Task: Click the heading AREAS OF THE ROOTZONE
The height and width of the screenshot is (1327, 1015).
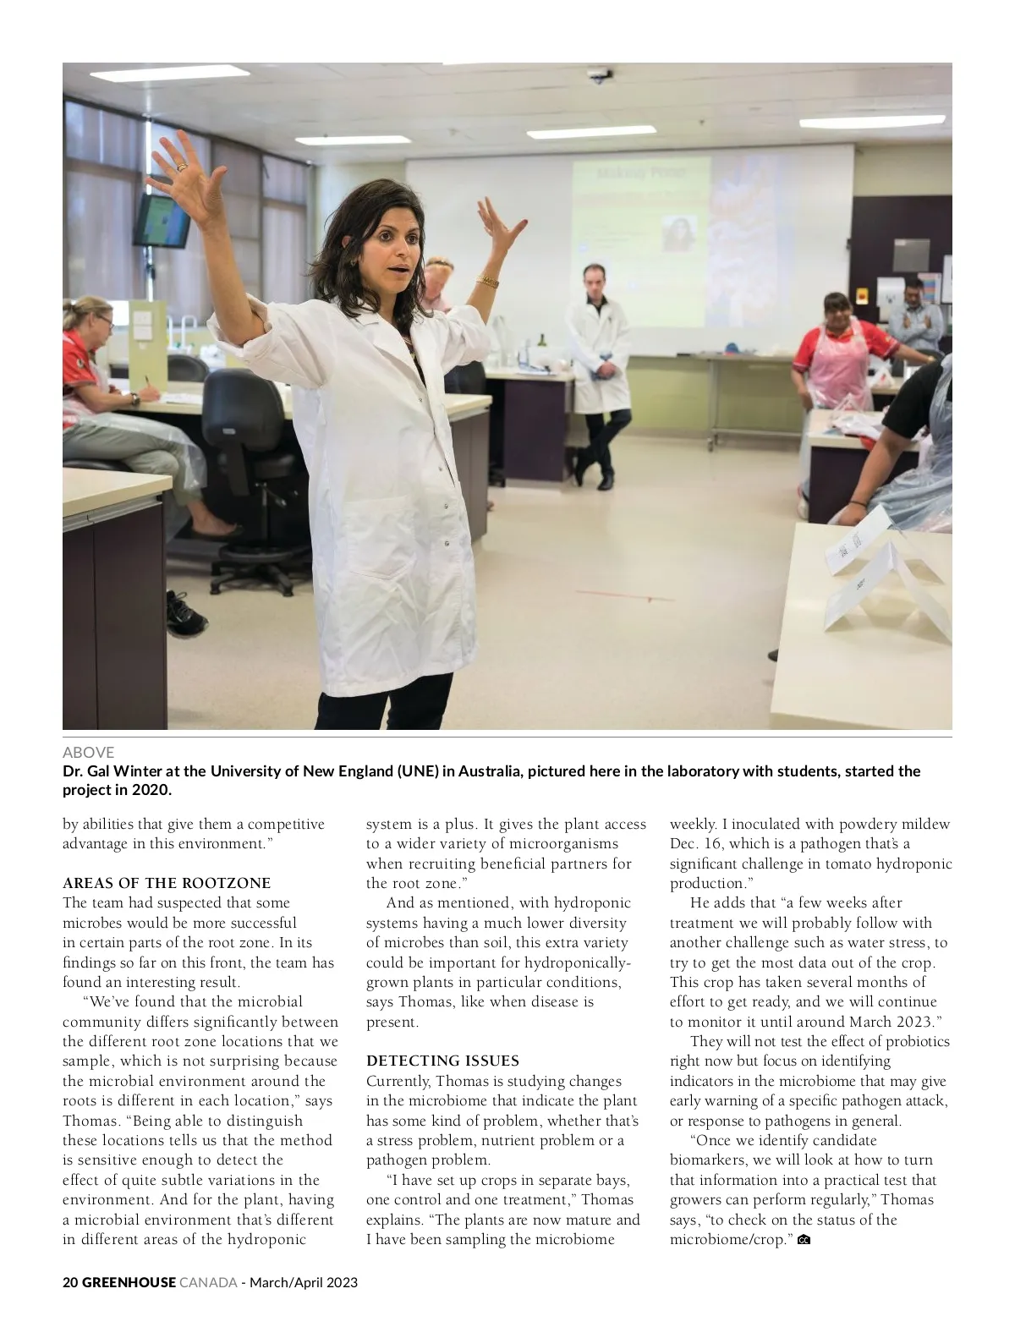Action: tap(167, 883)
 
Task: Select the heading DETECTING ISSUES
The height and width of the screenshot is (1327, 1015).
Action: tap(442, 1061)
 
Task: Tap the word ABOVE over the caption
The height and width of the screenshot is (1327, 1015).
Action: tap(88, 752)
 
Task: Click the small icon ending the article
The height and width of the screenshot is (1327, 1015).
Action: tap(804, 1240)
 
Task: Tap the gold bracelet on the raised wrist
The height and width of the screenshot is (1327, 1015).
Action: tap(487, 281)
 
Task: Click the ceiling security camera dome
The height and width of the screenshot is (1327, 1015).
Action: tap(600, 75)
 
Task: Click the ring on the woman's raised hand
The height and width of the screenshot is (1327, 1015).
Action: tap(180, 167)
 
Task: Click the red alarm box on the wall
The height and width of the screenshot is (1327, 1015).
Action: tap(863, 297)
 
